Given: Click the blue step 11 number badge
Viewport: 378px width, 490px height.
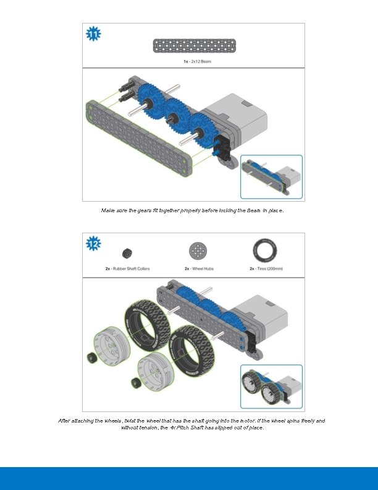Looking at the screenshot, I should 93,35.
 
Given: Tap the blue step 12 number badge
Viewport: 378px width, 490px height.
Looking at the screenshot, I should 93,244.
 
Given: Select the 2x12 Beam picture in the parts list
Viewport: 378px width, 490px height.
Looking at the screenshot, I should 193,46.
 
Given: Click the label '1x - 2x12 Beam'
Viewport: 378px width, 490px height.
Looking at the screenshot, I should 194,61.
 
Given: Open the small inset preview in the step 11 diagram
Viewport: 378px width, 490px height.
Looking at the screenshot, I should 271,177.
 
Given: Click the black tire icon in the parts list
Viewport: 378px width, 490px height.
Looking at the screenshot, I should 264,251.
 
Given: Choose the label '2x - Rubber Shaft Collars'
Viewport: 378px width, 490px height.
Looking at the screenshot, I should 127,269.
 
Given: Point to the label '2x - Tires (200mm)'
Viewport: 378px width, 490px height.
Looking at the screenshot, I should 265,269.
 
